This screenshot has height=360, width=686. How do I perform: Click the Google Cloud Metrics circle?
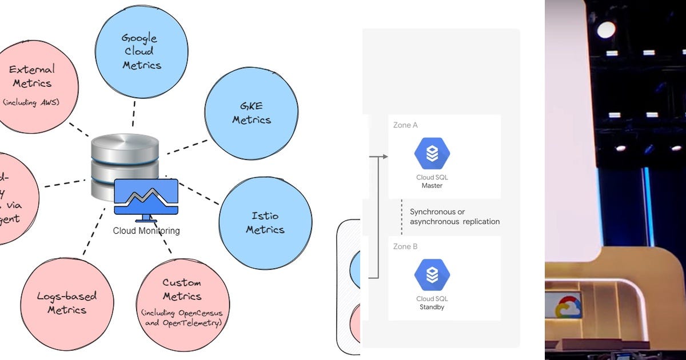pyautogui.click(x=141, y=52)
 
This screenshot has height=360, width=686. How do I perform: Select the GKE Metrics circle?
pyautogui.click(x=251, y=114)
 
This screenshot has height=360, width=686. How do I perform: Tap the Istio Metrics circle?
pyautogui.click(x=265, y=223)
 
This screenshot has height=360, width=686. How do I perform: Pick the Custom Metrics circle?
pyautogui.click(x=182, y=302)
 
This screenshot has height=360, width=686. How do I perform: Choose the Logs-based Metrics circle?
pyautogui.click(x=67, y=303)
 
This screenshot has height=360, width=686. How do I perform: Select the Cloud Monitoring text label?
pyautogui.click(x=146, y=231)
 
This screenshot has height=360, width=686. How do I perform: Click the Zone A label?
pyautogui.click(x=405, y=125)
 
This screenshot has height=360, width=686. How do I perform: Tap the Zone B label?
pyautogui.click(x=405, y=246)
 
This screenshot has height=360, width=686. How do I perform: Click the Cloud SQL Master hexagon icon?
pyautogui.click(x=432, y=154)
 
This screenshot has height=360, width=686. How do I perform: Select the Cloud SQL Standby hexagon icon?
pyautogui.click(x=432, y=275)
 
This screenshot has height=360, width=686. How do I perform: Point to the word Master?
pyautogui.click(x=432, y=186)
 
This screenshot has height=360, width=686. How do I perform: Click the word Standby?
pyautogui.click(x=432, y=307)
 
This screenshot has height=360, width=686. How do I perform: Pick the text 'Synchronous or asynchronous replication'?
pyautogui.click(x=454, y=217)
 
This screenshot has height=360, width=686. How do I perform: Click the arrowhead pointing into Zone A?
pyautogui.click(x=385, y=156)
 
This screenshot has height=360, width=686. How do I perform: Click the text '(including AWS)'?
pyautogui.click(x=32, y=102)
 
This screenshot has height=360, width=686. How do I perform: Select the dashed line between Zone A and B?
pyautogui.click(x=401, y=217)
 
